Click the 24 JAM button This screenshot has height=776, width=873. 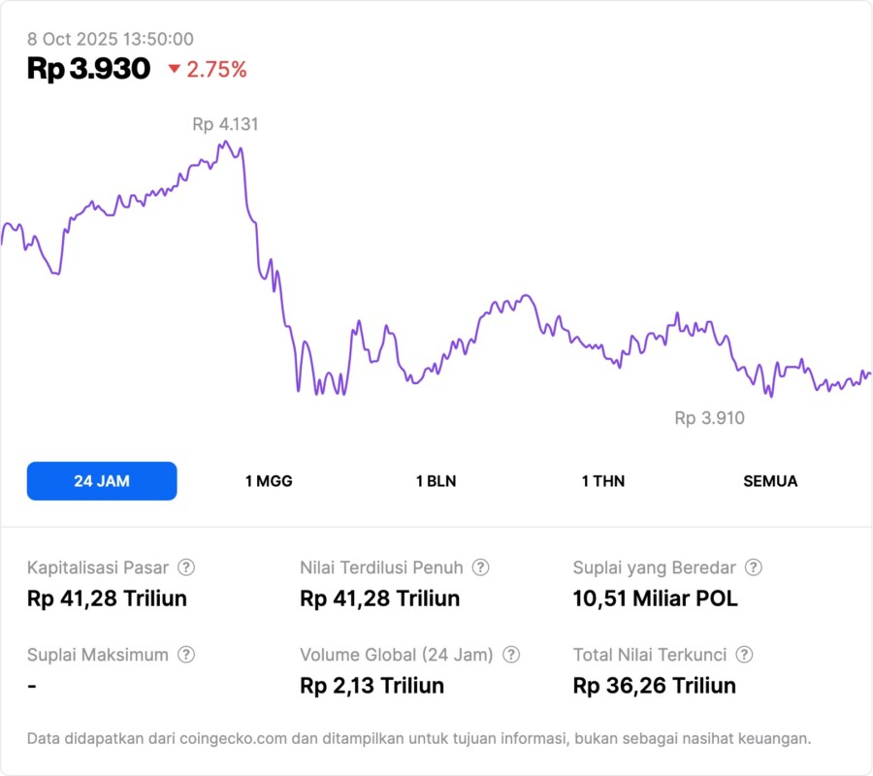[102, 481]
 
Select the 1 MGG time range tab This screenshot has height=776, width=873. [269, 481]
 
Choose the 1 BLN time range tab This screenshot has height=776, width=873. [436, 481]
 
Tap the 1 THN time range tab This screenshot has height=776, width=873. [603, 481]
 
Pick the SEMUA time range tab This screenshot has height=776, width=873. [770, 481]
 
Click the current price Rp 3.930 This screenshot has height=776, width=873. [88, 69]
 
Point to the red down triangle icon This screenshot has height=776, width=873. [175, 70]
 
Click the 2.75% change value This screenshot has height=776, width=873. [217, 70]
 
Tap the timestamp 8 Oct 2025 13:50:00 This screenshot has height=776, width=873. [111, 40]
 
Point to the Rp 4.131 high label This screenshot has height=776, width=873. [225, 124]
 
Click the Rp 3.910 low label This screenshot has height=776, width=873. [710, 418]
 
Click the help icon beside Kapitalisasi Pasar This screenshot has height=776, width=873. [186, 567]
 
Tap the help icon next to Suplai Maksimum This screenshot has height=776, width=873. [186, 655]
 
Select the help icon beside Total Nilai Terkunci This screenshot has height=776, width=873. [744, 655]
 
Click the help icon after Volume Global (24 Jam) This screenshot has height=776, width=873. [511, 655]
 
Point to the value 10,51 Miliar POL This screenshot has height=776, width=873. [656, 598]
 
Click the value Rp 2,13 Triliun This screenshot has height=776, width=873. [372, 686]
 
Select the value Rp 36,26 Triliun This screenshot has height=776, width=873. [655, 686]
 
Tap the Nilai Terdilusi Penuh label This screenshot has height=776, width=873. [382, 567]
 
